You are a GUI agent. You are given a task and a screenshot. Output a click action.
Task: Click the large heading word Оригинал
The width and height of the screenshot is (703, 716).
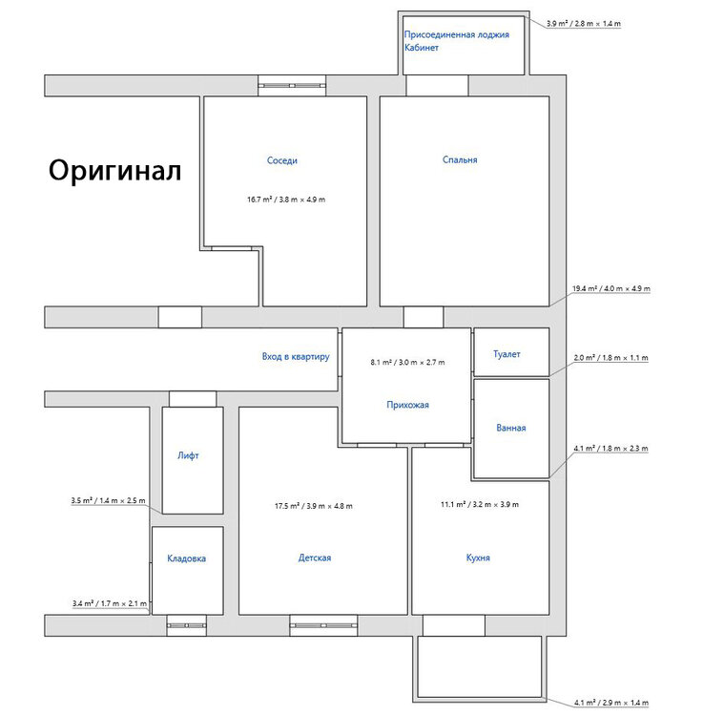click(x=115, y=171)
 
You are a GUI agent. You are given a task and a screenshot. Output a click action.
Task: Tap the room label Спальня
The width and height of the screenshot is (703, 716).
click(x=460, y=159)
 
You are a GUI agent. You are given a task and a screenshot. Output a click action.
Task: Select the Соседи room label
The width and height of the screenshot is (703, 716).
click(x=282, y=160)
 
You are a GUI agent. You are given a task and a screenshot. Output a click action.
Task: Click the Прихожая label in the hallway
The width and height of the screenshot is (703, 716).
click(x=407, y=405)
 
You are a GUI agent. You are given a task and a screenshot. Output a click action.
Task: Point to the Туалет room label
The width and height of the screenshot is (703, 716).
click(x=507, y=354)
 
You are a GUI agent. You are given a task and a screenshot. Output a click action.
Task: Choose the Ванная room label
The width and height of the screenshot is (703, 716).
click(x=511, y=428)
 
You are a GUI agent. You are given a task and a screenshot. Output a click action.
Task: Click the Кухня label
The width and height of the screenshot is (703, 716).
click(x=478, y=558)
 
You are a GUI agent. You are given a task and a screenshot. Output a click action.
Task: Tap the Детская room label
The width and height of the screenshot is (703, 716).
click(x=315, y=558)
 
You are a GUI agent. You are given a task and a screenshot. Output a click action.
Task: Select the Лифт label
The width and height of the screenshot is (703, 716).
click(x=188, y=455)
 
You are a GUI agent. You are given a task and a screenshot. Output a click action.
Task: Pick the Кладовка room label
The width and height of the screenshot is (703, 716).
click(x=186, y=558)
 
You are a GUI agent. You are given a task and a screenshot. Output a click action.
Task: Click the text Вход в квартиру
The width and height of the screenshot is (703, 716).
click(x=296, y=356)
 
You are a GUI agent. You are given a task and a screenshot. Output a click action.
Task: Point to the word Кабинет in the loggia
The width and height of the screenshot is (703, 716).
click(x=422, y=48)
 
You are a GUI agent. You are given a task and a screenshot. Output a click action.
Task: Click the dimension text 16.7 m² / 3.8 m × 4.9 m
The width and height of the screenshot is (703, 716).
click(x=286, y=200)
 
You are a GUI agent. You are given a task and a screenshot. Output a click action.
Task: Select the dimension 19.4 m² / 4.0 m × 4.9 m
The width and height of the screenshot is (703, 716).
click(x=611, y=288)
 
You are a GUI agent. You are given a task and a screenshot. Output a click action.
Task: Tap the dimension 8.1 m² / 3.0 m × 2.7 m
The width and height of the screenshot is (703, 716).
click(x=407, y=362)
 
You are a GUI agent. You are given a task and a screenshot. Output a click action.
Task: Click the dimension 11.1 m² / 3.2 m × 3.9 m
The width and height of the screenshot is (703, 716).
click(x=480, y=505)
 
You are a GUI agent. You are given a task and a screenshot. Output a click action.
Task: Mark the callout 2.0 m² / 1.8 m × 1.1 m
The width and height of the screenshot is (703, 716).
click(x=610, y=358)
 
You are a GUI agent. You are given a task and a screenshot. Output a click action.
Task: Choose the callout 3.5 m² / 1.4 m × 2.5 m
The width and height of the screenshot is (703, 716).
click(x=108, y=500)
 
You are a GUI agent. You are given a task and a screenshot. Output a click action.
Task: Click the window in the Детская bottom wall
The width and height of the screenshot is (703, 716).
click(x=323, y=625)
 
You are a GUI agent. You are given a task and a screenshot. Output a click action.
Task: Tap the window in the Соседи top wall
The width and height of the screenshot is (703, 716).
click(x=292, y=85)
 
